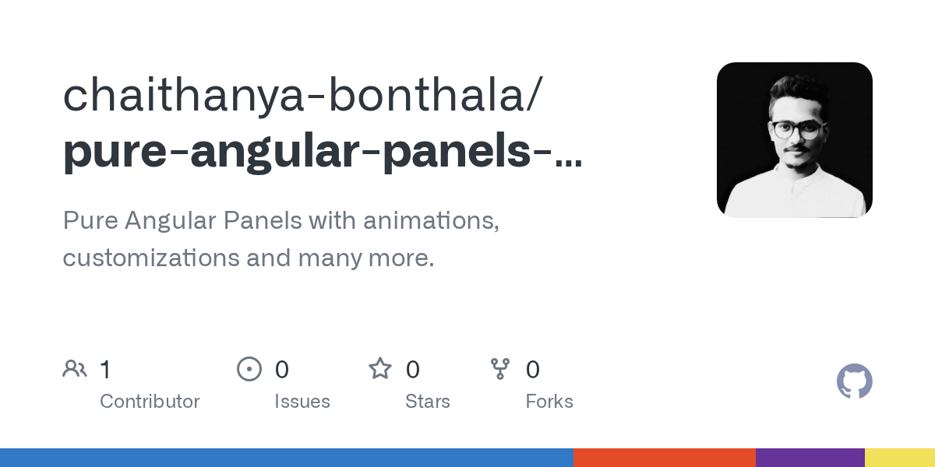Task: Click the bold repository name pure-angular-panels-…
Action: [x=322, y=150]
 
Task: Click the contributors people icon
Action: [x=75, y=368]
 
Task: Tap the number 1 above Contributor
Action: [x=105, y=369]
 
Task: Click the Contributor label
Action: [x=150, y=402]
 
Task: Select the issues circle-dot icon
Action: [x=249, y=368]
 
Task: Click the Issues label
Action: [x=302, y=402]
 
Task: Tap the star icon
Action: [x=380, y=368]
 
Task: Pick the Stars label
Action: [x=427, y=402]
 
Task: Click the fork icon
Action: [x=499, y=368]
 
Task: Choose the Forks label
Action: [x=549, y=402]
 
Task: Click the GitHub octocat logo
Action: [x=854, y=382]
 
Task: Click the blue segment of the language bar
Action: [x=286, y=458]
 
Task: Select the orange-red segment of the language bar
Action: [x=664, y=458]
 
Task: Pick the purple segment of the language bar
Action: [x=810, y=458]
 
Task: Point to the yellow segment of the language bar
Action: [x=900, y=458]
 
